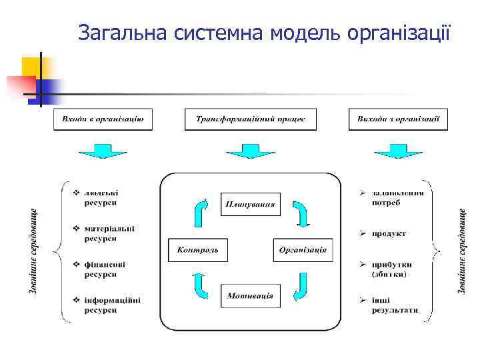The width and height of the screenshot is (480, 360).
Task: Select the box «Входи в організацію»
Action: (103, 119)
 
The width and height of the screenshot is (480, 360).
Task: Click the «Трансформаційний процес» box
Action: (251, 119)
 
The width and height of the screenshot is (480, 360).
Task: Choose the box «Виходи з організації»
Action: (398, 119)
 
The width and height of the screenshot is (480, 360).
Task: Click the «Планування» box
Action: (251, 203)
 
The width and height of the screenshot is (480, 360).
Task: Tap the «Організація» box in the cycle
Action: (303, 250)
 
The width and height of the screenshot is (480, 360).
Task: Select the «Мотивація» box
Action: (251, 295)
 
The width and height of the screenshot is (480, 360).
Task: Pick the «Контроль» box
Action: (198, 250)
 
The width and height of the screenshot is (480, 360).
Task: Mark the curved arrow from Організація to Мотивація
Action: (301, 286)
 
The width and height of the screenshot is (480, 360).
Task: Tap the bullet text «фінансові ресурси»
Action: (105, 269)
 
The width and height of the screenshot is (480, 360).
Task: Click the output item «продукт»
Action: (389, 234)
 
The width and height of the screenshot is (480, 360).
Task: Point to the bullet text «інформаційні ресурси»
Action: (112, 305)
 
